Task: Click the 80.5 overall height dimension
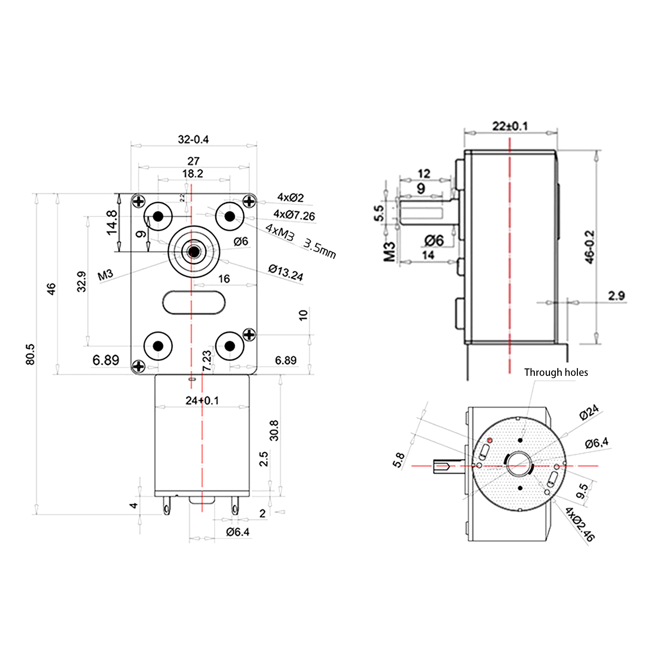tap(30, 354)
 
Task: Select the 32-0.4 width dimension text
tap(193, 139)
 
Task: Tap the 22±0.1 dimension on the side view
tap(510, 126)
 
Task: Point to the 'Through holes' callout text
tap(556, 372)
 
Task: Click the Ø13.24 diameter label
tap(286, 273)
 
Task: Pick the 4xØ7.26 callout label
tap(294, 215)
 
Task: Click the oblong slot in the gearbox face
tap(194, 302)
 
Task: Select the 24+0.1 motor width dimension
tap(202, 401)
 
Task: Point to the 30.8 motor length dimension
tap(274, 430)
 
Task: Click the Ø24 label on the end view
tap(589, 412)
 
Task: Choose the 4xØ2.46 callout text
tap(580, 524)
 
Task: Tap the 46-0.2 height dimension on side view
tap(590, 247)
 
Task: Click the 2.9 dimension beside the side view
tap(616, 296)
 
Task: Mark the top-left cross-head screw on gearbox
tap(139, 201)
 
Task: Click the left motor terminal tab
tap(166, 507)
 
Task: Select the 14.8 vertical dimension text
tap(111, 222)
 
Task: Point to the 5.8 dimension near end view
tap(399, 460)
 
